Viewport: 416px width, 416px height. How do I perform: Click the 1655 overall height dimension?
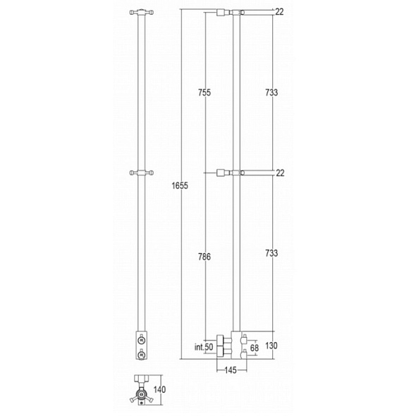pyautogui.click(x=180, y=185)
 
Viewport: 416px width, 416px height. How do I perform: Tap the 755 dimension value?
pyautogui.click(x=204, y=92)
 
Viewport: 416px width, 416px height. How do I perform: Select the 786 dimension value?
pyautogui.click(x=204, y=257)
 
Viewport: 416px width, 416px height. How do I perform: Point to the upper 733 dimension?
pyautogui.click(x=271, y=92)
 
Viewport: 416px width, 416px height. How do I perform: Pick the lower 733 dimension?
pyautogui.click(x=271, y=253)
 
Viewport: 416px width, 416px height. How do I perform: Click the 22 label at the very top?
pyautogui.click(x=279, y=12)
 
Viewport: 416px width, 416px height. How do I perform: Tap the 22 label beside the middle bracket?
pyautogui.click(x=280, y=173)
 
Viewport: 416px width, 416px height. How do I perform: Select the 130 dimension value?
pyautogui.click(x=271, y=345)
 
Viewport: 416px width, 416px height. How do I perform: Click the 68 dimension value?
pyautogui.click(x=254, y=348)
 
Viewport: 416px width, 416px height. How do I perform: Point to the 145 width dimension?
pyautogui.click(x=231, y=370)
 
